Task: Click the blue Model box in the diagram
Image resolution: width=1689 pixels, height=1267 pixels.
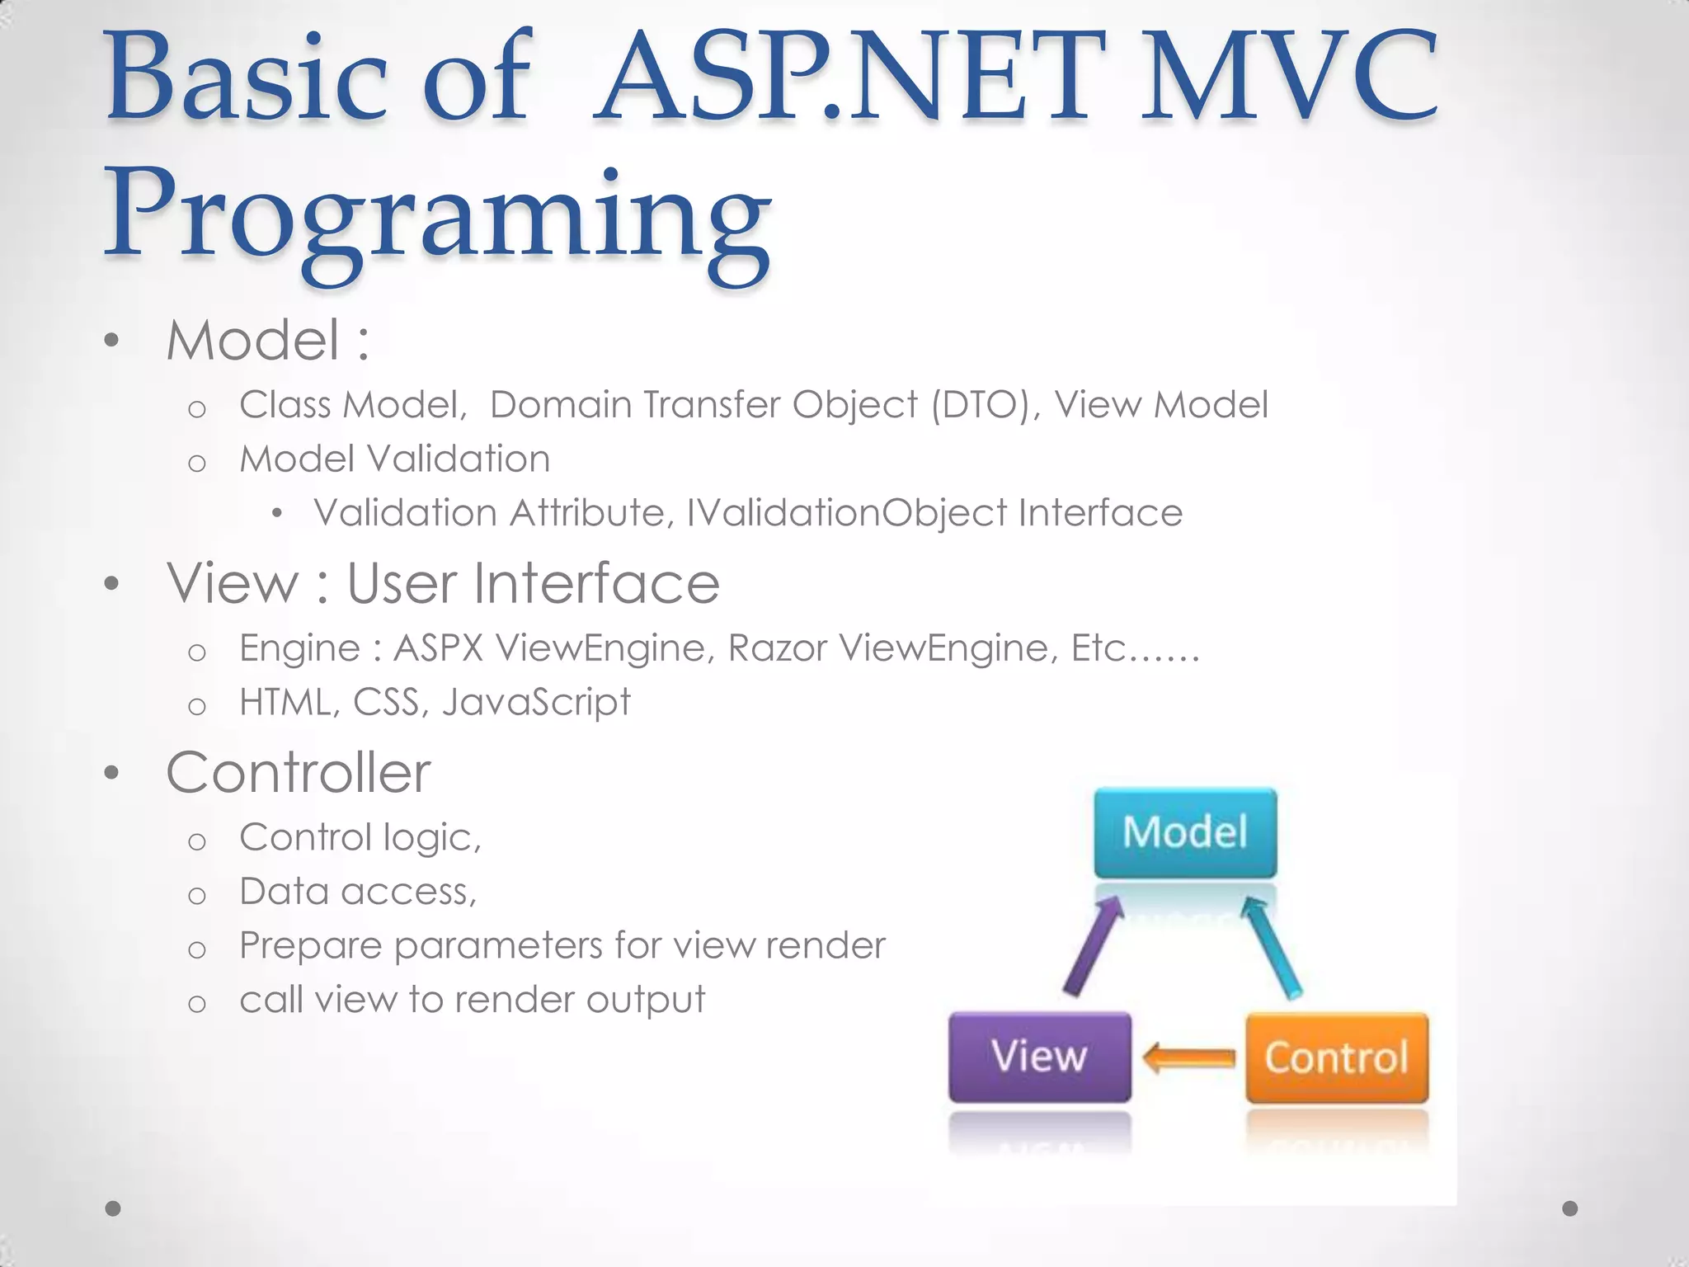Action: [x=1185, y=832]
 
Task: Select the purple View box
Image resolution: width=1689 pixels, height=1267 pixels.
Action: [x=1039, y=1057]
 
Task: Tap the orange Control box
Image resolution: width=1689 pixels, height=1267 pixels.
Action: [x=1336, y=1057]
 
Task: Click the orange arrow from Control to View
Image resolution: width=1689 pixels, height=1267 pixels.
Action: [x=1189, y=1057]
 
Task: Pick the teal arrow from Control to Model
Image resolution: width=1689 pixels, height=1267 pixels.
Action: [x=1272, y=949]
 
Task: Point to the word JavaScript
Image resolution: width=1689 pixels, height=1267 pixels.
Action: [x=536, y=703]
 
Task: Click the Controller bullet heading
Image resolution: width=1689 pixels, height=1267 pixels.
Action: [x=298, y=773]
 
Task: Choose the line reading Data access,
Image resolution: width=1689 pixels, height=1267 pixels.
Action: [x=358, y=892]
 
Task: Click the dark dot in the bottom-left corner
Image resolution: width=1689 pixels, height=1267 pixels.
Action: [x=114, y=1208]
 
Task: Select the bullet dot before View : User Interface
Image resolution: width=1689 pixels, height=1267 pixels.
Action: [x=112, y=585]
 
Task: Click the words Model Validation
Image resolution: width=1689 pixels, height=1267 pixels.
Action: [x=394, y=459]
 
